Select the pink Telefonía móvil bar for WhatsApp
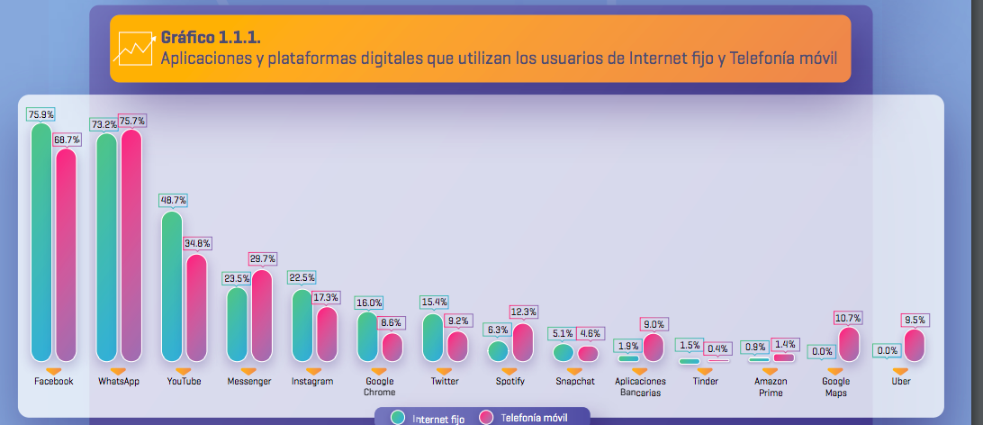[x=131, y=245]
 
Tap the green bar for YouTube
[x=172, y=286]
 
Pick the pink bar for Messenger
[x=261, y=315]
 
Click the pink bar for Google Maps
[x=847, y=345]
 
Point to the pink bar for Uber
[x=914, y=346]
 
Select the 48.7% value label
[x=173, y=200]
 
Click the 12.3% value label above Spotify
[x=523, y=312]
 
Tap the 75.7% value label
[x=131, y=120]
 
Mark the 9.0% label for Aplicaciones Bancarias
[x=653, y=324]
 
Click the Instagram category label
[x=311, y=382]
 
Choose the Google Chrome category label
[x=379, y=386]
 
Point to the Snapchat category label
[x=573, y=382]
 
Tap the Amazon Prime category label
[x=771, y=386]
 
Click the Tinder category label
[x=706, y=382]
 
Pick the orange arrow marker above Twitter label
[x=445, y=370]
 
